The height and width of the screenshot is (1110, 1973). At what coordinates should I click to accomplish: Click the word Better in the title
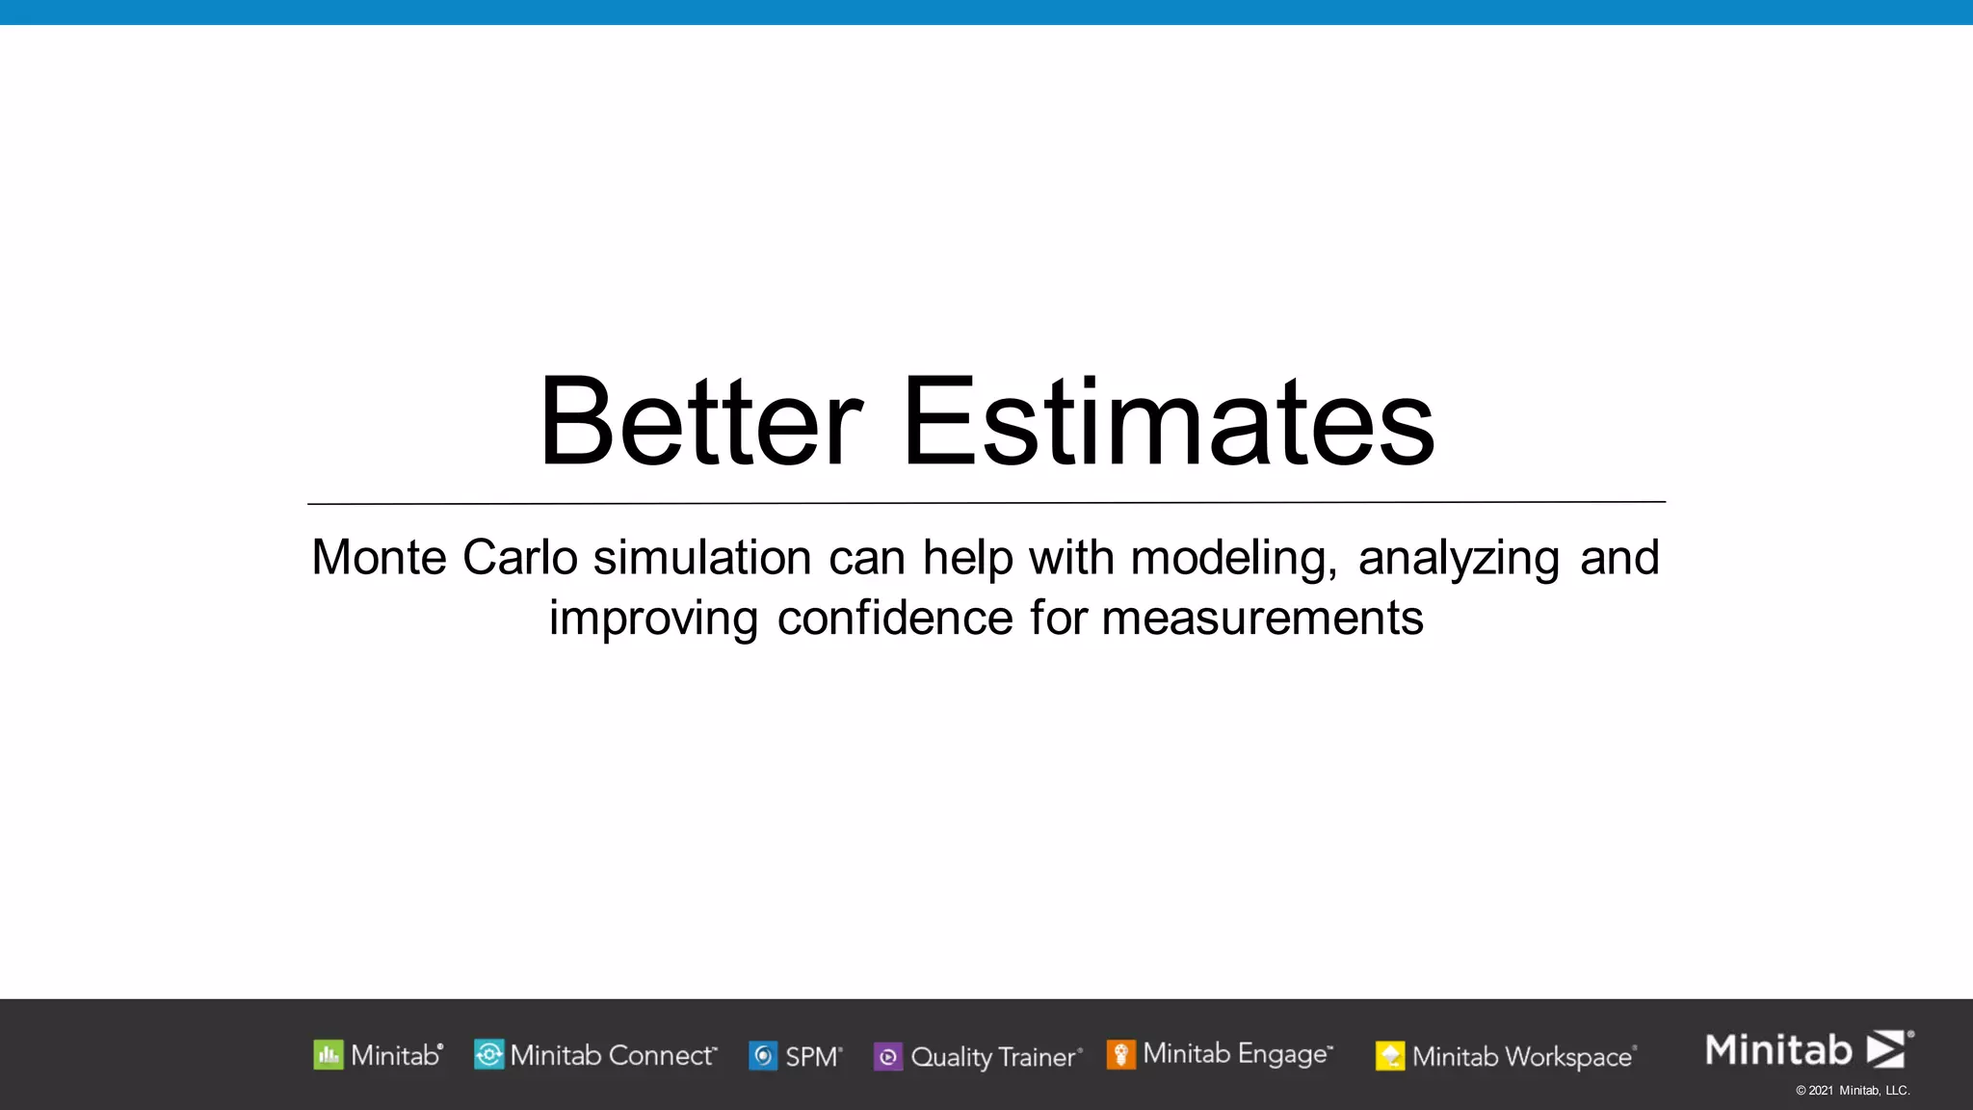click(700, 421)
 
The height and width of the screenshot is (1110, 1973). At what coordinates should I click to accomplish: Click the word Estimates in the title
click(1168, 421)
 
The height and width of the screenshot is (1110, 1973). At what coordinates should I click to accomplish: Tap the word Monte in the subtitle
click(379, 558)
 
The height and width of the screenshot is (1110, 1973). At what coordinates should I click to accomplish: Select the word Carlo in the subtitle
click(519, 558)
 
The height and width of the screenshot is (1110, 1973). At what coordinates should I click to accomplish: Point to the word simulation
click(702, 558)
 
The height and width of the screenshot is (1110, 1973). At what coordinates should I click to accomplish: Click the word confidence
click(895, 618)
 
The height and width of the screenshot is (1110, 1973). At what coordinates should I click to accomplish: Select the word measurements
click(1262, 618)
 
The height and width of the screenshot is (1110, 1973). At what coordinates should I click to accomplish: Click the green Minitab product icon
click(329, 1055)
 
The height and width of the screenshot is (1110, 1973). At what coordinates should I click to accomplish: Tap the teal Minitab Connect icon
click(488, 1055)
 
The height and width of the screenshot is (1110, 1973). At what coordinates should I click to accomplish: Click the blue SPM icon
click(763, 1056)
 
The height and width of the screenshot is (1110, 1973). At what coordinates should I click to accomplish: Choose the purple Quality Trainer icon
click(887, 1057)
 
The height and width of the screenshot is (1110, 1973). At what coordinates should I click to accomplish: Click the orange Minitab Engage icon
click(1120, 1055)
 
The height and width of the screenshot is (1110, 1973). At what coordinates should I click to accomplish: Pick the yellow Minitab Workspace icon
click(1390, 1056)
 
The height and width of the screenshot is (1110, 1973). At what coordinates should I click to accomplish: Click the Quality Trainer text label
click(995, 1057)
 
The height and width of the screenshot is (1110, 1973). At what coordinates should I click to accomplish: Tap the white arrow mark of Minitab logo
click(1886, 1049)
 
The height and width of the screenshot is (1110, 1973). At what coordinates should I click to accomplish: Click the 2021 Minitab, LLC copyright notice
click(1853, 1091)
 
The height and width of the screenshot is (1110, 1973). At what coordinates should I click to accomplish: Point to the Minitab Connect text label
click(613, 1055)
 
